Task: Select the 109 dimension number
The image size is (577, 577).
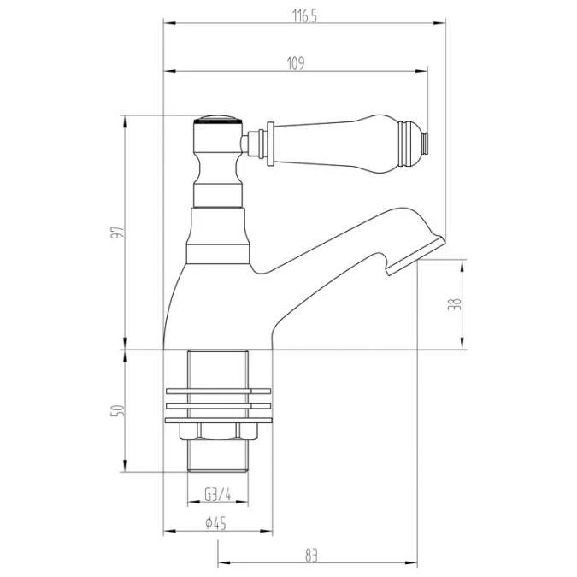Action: [297, 62]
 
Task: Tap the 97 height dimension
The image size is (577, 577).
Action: [119, 232]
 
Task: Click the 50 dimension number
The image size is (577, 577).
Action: [119, 411]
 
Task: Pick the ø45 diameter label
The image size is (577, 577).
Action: [215, 524]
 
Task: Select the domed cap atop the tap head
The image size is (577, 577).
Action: [217, 120]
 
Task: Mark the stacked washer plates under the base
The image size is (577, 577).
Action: [217, 405]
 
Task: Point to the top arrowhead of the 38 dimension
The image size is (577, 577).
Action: [463, 261]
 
